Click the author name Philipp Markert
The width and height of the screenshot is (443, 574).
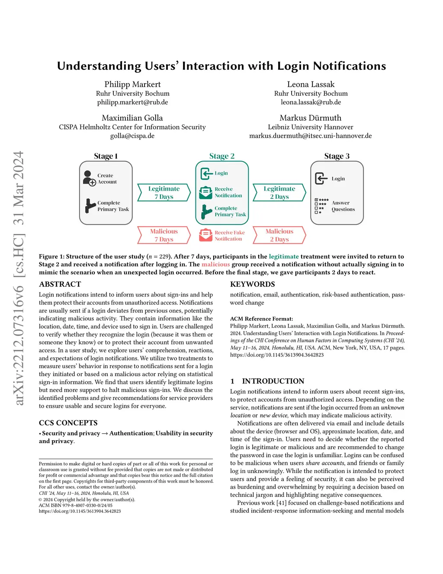tap(132, 84)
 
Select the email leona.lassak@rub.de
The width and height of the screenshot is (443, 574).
tap(311, 102)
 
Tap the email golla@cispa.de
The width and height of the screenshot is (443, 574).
tap(132, 136)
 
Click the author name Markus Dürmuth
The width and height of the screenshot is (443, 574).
tap(310, 118)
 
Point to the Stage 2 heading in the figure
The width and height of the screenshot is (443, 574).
tap(221, 156)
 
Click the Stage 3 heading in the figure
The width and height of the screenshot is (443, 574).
tap(337, 156)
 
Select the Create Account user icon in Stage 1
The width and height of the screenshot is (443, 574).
tap(89, 178)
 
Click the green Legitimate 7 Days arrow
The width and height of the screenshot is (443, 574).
tap(164, 192)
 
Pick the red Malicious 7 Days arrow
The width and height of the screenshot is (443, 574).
tap(164, 235)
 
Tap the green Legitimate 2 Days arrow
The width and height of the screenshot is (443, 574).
tap(279, 192)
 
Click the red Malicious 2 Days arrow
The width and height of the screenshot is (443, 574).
tap(279, 235)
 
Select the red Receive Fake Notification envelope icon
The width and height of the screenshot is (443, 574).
tap(205, 235)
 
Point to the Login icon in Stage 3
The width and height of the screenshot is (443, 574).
tap(321, 178)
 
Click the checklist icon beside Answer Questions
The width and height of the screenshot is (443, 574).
tap(321, 206)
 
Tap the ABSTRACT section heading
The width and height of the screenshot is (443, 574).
tap(60, 284)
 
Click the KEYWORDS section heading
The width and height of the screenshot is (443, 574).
tap(252, 284)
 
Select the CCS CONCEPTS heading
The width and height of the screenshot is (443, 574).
tap(68, 423)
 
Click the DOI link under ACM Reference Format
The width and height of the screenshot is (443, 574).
tap(277, 355)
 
